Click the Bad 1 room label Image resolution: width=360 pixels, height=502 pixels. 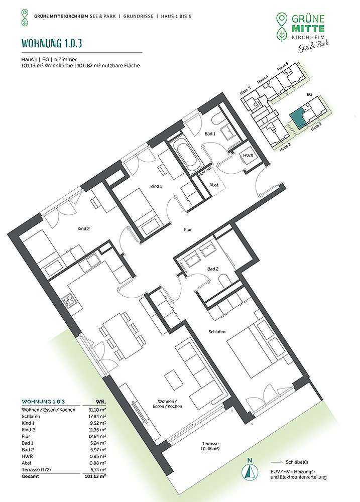210,134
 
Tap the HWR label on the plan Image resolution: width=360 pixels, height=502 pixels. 248,156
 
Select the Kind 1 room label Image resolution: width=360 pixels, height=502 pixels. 156,186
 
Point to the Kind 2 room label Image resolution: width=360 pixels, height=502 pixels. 83,228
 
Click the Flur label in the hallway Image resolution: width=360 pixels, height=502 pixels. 188,229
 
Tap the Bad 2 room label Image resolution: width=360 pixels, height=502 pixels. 213,269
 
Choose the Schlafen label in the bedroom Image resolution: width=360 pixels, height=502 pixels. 217,332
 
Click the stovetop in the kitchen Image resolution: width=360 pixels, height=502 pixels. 69,300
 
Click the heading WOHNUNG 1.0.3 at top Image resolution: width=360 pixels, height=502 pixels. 52,43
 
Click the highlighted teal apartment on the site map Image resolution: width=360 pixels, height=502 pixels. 297,119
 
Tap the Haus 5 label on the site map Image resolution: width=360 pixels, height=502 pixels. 283,67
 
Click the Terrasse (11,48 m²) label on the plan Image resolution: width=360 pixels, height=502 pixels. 210,446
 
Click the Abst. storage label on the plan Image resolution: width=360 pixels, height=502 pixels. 214,185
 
